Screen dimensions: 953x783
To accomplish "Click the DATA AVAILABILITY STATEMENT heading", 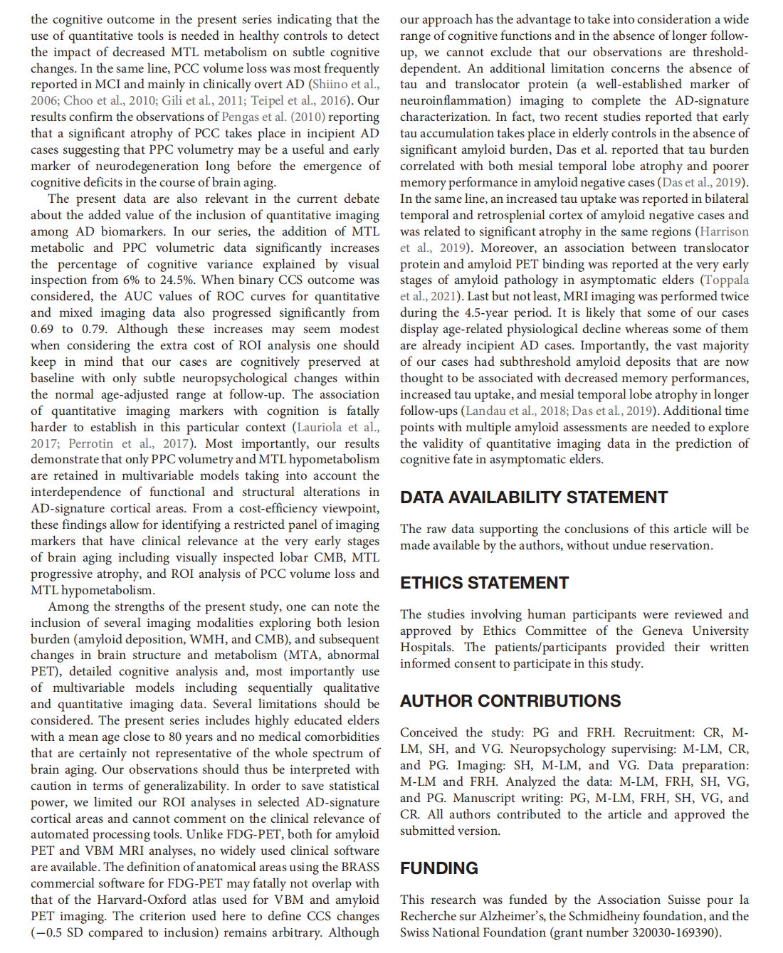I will coord(534,497).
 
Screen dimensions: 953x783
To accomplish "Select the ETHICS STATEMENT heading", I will coord(484,583).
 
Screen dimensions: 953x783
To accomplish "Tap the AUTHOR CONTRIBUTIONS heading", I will coord(510,701).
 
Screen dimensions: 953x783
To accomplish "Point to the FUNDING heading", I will coord(439,868).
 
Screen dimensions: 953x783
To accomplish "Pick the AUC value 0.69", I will coord(42,329).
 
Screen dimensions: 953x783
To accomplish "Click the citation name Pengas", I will coord(241,117).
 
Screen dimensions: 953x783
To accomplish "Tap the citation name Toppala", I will coord(727,280).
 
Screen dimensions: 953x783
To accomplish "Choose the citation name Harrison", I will coord(725,231).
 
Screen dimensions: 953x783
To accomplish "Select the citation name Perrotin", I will coord(91,443).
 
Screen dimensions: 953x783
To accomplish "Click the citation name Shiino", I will coord(330,84).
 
